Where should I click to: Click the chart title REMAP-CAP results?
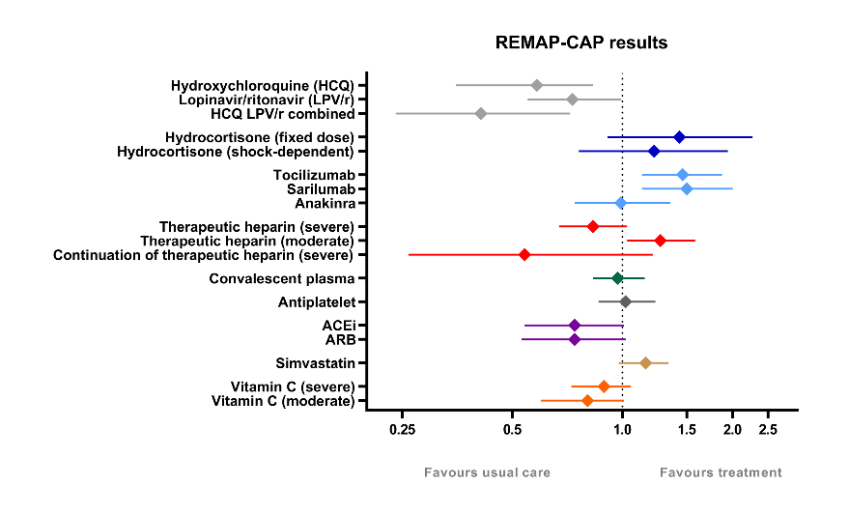tap(581, 43)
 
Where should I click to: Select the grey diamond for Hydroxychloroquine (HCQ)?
tap(537, 85)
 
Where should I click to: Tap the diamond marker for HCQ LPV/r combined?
tap(481, 114)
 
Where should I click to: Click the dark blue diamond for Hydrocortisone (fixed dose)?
tap(679, 137)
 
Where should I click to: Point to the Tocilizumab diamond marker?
tap(682, 175)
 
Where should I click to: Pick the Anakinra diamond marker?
tap(621, 203)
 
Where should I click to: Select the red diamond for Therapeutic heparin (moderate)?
tap(660, 241)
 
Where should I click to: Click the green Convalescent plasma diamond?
tap(617, 278)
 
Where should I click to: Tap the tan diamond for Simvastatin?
tap(645, 363)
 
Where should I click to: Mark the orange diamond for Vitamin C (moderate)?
tap(587, 401)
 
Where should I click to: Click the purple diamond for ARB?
tap(575, 340)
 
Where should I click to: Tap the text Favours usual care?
tap(488, 472)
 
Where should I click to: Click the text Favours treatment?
tap(721, 472)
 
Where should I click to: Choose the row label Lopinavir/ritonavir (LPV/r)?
tap(266, 100)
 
